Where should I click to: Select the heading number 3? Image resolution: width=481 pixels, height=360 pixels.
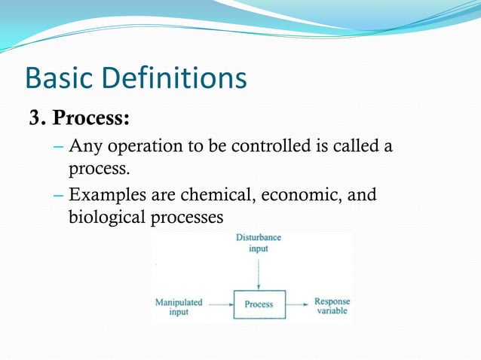(38, 119)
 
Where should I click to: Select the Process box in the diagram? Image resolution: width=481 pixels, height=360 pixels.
(259, 304)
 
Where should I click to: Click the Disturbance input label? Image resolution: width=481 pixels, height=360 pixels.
(259, 243)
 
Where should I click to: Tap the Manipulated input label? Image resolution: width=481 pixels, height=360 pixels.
(179, 307)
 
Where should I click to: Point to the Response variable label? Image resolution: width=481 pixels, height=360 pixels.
(332, 306)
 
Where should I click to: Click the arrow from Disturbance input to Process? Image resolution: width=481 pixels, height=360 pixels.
(259, 273)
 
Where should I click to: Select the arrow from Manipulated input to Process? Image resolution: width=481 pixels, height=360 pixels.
(220, 304)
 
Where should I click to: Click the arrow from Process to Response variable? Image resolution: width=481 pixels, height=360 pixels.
(297, 304)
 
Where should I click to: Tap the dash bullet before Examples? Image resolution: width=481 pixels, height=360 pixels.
(60, 195)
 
